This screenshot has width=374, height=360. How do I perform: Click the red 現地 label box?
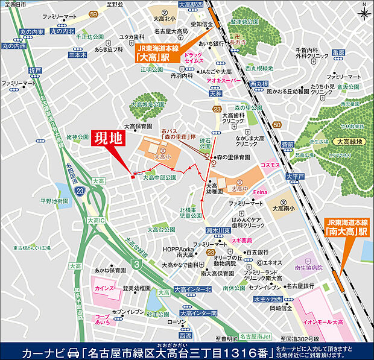coord(108,139)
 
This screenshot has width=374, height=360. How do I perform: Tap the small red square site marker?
coord(133,177)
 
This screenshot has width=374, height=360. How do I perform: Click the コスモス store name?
coord(270,165)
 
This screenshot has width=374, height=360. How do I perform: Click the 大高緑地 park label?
coord(348,141)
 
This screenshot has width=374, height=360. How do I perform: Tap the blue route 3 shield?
coord(137,264)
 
